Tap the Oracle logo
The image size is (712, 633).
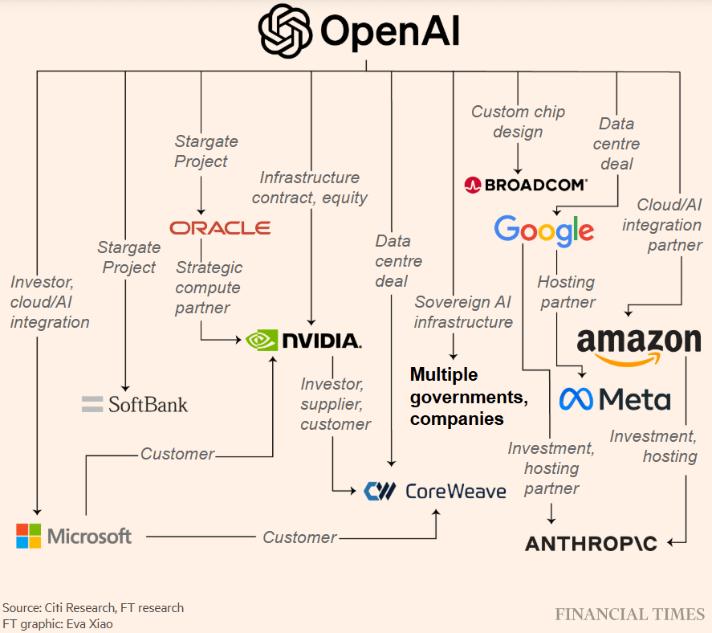[x=220, y=228]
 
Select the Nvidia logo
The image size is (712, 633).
[x=303, y=340]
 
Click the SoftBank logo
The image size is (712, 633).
[x=135, y=403]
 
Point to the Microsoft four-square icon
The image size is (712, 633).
[x=29, y=536]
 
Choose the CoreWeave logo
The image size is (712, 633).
[x=434, y=490]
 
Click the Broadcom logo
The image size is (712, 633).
[x=526, y=185]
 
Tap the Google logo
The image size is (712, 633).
[x=544, y=231]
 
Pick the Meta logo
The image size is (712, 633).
[x=615, y=398]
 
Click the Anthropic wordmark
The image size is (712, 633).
[x=591, y=544]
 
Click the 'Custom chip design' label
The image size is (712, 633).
[x=518, y=121]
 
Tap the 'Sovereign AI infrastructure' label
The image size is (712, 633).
[x=463, y=312]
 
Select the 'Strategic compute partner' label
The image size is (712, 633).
[x=209, y=288]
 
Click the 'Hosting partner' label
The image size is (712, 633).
[x=567, y=292]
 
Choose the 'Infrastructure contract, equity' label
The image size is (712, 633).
[x=310, y=187]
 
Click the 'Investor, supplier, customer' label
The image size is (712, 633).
[x=336, y=404]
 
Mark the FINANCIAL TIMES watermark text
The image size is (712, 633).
[x=629, y=615]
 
